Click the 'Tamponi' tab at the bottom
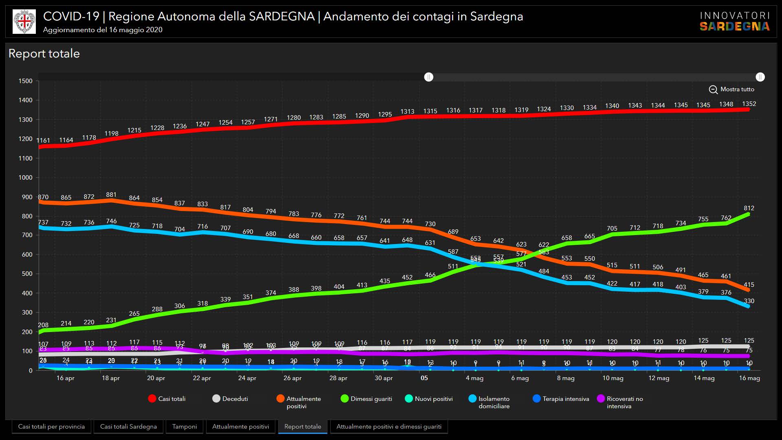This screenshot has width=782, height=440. tap(184, 427)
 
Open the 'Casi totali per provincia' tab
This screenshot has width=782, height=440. tap(51, 427)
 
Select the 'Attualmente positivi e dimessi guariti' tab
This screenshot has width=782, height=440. tap(389, 427)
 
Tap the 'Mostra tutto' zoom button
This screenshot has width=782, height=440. tap(731, 89)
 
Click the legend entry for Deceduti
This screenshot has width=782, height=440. tap(230, 399)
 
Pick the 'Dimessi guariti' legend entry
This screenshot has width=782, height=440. tap(366, 399)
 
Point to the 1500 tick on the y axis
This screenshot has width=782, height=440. tap(25, 81)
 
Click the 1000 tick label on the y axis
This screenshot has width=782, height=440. tap(25, 178)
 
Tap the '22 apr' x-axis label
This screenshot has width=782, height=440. tap(202, 378)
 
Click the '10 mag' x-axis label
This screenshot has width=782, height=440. tap(613, 378)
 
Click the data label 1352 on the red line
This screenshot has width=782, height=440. tap(749, 104)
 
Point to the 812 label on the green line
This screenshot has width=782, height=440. tap(749, 208)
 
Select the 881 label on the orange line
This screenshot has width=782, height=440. tap(111, 195)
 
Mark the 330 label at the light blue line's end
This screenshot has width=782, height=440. tap(749, 301)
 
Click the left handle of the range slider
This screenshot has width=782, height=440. tap(428, 77)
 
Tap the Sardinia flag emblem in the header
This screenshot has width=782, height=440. tap(24, 22)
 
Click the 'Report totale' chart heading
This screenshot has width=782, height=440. tap(44, 53)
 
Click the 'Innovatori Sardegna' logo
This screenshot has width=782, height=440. tap(734, 22)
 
